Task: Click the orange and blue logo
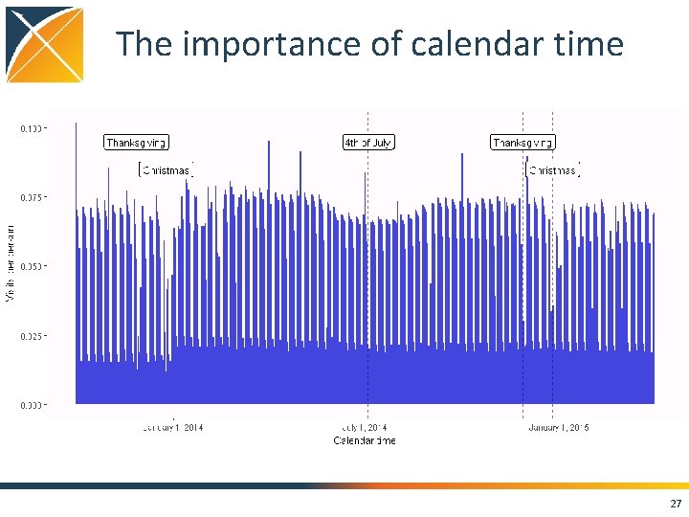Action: (x=44, y=44)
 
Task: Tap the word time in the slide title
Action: (x=589, y=45)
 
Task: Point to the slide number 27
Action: (x=676, y=504)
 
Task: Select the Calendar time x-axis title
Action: (x=364, y=440)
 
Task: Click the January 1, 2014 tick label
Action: (x=172, y=427)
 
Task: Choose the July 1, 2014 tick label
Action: (x=365, y=427)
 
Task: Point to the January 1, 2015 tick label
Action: (x=558, y=427)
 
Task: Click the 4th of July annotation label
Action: (x=368, y=143)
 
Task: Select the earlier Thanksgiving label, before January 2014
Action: (x=136, y=143)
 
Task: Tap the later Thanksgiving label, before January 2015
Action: (x=522, y=143)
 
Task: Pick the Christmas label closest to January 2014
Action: (x=167, y=170)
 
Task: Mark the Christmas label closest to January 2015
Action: (x=554, y=170)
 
